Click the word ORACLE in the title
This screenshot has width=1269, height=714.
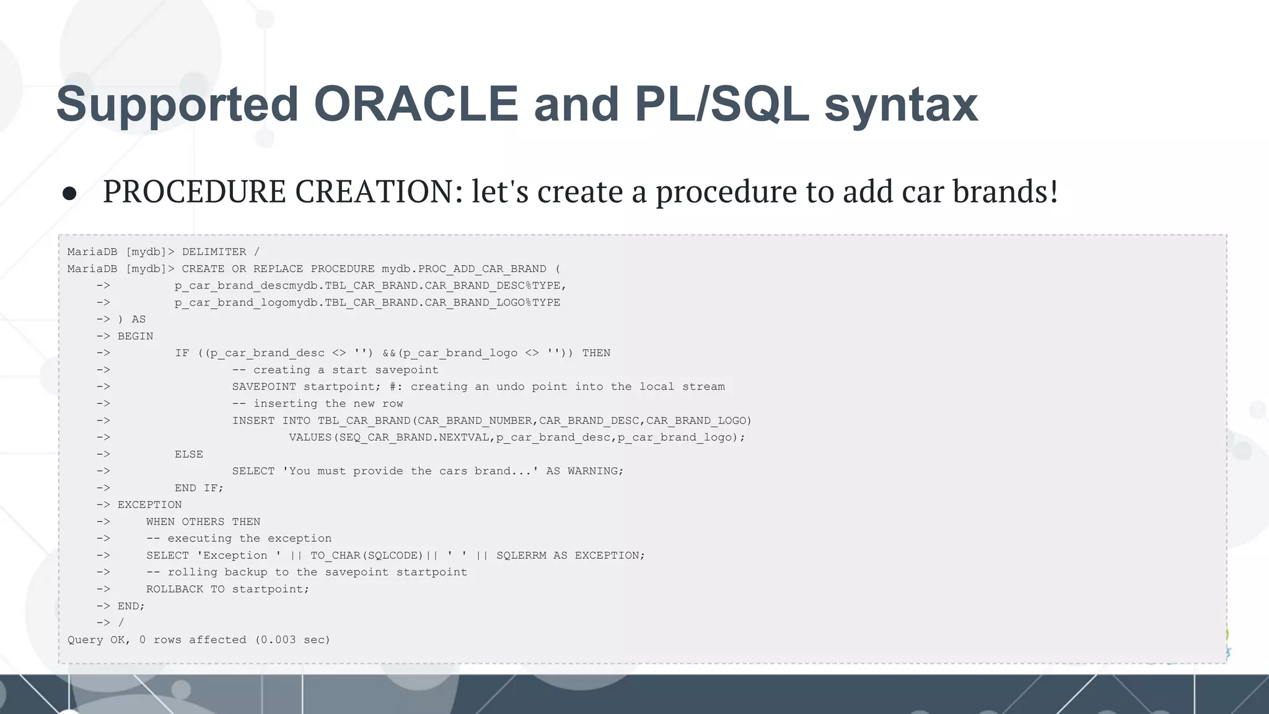[416, 104]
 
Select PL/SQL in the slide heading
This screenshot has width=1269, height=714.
[722, 104]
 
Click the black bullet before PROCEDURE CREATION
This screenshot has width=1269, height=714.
[69, 194]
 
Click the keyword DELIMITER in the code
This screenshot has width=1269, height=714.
[214, 252]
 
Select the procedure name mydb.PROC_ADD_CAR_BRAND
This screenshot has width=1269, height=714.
[463, 269]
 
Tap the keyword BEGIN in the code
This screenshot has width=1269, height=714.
[135, 336]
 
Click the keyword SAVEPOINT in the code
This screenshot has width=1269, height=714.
[264, 386]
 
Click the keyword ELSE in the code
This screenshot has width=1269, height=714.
[188, 454]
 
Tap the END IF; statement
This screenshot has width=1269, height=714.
[198, 488]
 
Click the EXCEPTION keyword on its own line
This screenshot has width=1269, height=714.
[149, 505]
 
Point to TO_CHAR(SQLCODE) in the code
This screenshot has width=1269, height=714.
[366, 555]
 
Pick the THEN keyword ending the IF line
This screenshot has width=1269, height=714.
[596, 353]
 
